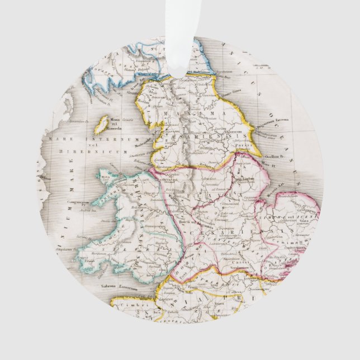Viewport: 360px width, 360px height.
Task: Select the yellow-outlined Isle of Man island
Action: (101, 124)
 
